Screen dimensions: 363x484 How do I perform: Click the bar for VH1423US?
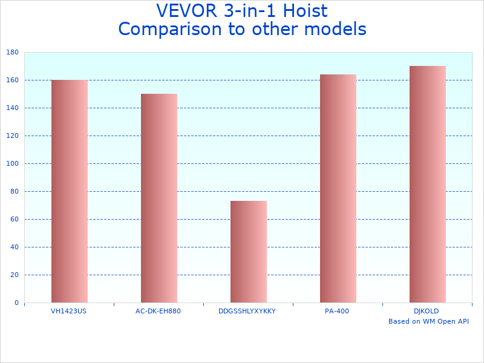tap(69, 191)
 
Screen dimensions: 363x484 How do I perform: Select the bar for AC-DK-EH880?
tap(159, 198)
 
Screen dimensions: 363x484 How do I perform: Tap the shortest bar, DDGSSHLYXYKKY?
tap(248, 252)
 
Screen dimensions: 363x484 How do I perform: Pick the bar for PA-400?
tap(338, 188)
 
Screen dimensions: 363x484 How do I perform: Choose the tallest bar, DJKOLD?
tap(427, 184)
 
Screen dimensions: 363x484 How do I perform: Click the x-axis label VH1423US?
tap(69, 311)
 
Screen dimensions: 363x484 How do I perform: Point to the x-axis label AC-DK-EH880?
tap(159, 311)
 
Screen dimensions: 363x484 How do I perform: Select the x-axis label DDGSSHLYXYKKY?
tap(247, 311)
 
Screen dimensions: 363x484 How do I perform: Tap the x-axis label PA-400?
tap(337, 311)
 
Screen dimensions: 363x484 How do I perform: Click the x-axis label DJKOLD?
tap(427, 311)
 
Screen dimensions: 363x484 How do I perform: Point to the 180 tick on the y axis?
tap(12, 53)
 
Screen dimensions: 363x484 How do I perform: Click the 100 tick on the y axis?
tap(12, 164)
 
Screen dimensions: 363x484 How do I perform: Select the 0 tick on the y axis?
tap(16, 303)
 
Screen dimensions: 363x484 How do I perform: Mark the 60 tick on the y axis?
tap(14, 220)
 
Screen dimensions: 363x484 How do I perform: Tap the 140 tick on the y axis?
tap(12, 108)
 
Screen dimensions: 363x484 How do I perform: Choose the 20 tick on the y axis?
tap(14, 275)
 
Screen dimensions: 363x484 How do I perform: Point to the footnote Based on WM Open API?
tap(428, 321)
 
